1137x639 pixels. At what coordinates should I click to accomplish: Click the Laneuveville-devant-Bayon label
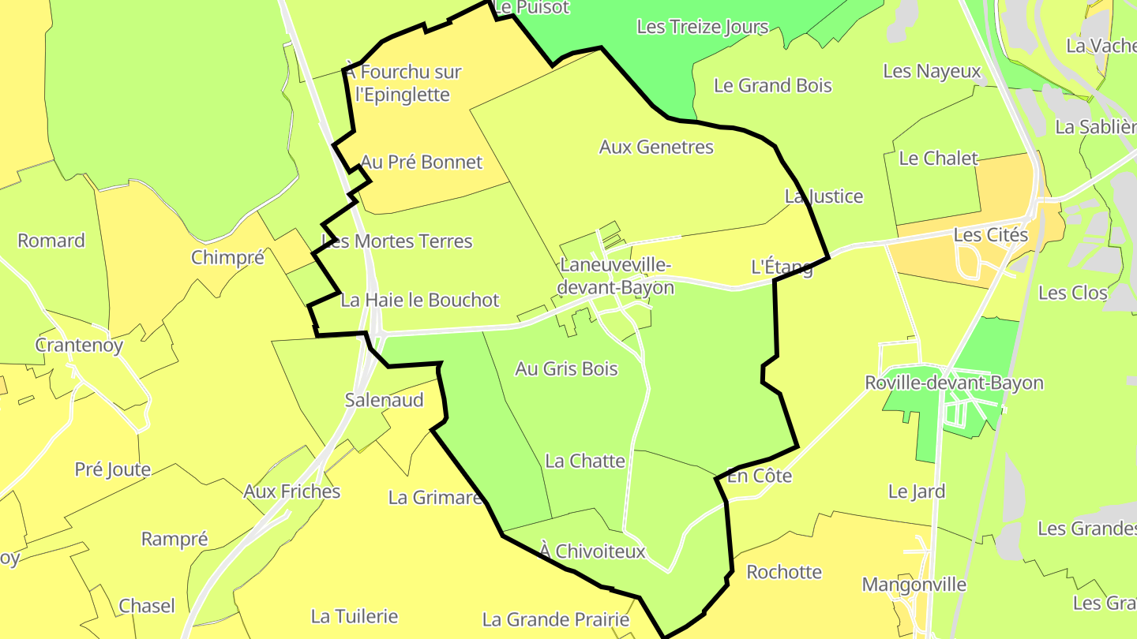616,275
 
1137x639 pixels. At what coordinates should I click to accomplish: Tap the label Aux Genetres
656,147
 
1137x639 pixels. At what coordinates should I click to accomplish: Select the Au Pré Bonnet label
422,162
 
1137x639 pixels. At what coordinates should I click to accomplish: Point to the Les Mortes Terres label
397,241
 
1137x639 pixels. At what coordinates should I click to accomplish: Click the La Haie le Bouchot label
420,300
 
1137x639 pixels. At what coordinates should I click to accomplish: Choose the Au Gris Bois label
566,368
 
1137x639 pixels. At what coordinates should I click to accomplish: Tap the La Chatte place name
585,461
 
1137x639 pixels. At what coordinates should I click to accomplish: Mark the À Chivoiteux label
593,551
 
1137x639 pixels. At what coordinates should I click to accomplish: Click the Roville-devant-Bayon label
954,383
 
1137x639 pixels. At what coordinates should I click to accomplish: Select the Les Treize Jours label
702,27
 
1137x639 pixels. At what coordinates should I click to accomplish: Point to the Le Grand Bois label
773,85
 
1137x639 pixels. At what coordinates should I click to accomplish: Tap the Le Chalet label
938,158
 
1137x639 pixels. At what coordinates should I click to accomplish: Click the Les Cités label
991,234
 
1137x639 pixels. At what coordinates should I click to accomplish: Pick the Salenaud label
385,399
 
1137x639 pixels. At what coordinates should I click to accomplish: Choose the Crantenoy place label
79,345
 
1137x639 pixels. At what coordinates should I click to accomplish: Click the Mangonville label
914,585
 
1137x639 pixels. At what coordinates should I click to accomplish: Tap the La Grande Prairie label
556,619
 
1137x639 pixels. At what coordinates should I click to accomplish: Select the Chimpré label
227,257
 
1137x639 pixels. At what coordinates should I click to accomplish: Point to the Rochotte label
784,571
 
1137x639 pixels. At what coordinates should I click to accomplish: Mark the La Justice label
824,196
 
